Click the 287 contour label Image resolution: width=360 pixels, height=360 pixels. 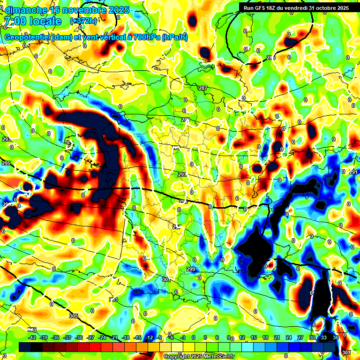[x=202, y=89]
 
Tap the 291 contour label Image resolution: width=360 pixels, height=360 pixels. [x=353, y=172]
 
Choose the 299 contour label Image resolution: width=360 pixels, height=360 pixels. [x=191, y=269]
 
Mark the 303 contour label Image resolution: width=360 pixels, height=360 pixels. [x=113, y=299]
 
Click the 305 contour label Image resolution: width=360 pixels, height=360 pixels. [x=74, y=316]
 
